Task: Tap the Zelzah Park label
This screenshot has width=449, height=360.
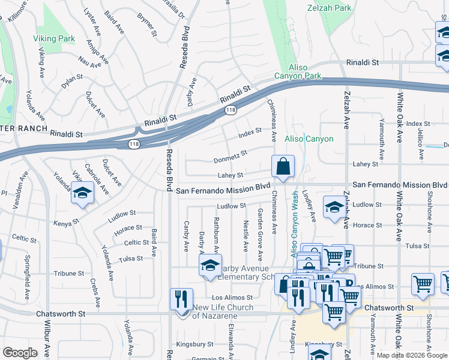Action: tap(328, 9)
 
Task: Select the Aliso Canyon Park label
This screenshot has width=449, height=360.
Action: tap(297, 71)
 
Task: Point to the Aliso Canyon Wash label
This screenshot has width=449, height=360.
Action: tap(295, 226)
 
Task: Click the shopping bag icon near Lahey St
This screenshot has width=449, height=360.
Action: tap(283, 166)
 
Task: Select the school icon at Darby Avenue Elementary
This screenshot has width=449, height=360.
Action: tap(210, 266)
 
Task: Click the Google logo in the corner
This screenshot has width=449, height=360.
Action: tap(20, 353)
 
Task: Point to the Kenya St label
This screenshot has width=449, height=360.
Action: tap(65, 223)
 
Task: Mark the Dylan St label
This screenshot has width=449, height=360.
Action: tap(72, 79)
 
